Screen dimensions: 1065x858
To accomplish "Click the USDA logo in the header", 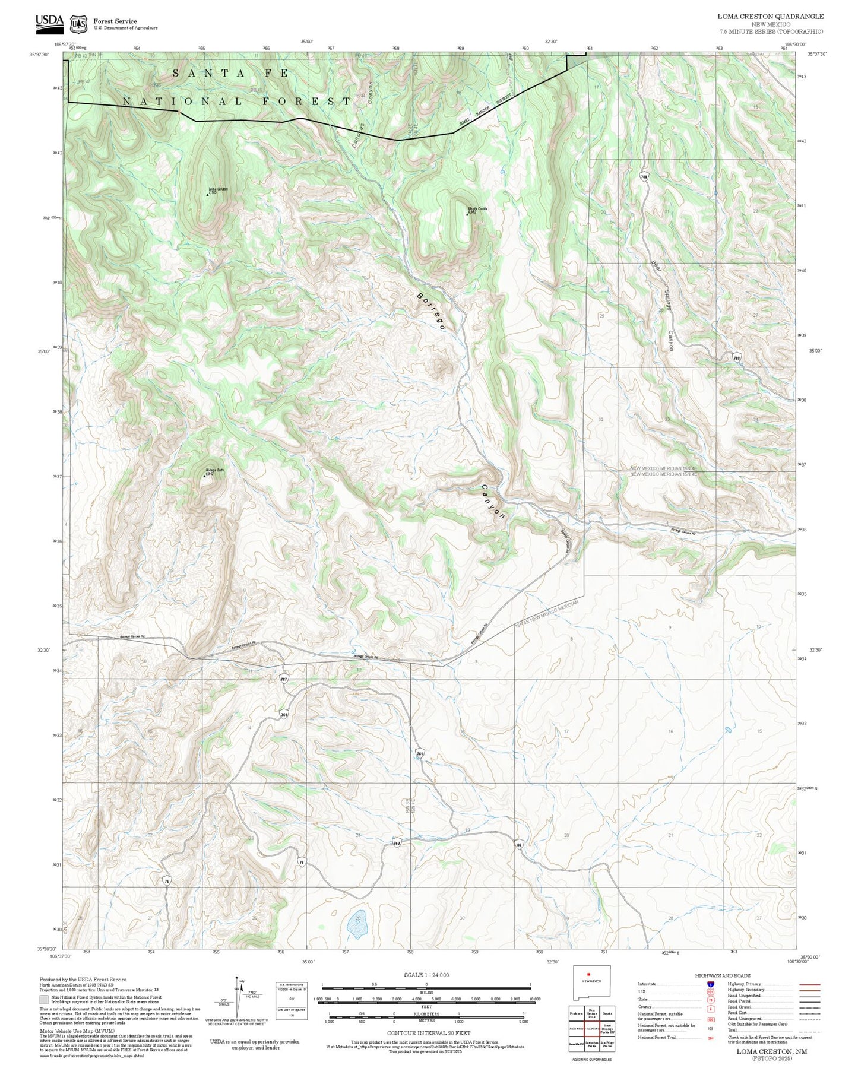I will point(49,22).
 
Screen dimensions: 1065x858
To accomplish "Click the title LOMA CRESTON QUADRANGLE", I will point(770,16).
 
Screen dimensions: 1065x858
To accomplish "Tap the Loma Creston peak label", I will point(217,191).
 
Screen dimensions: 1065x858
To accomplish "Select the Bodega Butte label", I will point(214,471).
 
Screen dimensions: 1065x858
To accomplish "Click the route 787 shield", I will point(284,678).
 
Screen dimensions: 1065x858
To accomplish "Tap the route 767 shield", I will point(397,843).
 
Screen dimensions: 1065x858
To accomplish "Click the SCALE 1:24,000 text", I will point(426,975).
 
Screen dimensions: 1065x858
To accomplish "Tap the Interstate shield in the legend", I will point(710,984).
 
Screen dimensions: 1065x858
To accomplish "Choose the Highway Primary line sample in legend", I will point(810,984).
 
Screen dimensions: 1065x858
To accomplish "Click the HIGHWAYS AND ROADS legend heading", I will point(722,975).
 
